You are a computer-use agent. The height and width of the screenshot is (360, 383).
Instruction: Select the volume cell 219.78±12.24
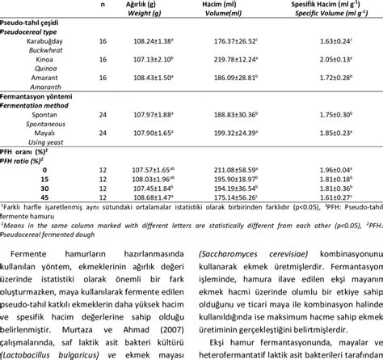[241, 60]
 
